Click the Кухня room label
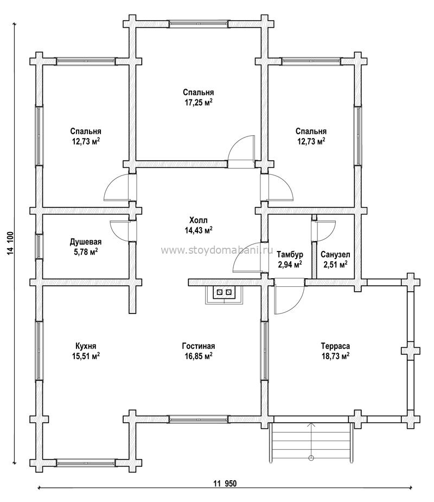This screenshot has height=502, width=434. (x=86, y=346)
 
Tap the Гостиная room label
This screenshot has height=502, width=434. (x=199, y=346)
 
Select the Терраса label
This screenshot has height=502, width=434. (x=335, y=346)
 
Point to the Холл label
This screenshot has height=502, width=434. (x=199, y=220)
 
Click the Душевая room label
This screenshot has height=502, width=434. (x=86, y=242)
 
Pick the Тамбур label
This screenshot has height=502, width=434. (x=290, y=255)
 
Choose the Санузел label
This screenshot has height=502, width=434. (x=335, y=255)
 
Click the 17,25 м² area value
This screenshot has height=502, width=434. (x=199, y=103)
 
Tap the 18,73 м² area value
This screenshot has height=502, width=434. (x=335, y=356)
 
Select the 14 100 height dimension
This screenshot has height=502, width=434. (x=10, y=243)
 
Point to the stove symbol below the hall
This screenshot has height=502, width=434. (x=224, y=294)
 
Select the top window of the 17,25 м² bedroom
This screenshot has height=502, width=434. (x=199, y=24)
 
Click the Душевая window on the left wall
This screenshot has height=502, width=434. (x=39, y=246)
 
